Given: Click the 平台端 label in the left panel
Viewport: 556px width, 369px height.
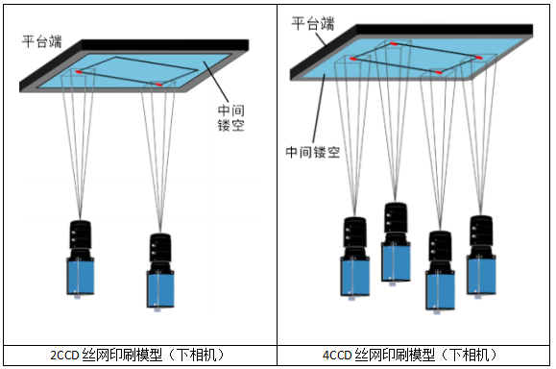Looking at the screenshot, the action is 42,41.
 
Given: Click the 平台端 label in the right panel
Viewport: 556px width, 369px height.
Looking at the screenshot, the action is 313,24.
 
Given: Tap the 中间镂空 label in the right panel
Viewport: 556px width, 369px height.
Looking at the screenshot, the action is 313,152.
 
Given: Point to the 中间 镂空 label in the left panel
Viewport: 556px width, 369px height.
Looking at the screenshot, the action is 230,118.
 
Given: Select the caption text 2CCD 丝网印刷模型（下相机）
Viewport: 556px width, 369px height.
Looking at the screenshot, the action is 138,355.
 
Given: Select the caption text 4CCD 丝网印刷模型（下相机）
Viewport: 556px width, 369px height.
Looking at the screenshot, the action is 410,355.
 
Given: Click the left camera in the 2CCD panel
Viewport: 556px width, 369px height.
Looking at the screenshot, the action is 81,259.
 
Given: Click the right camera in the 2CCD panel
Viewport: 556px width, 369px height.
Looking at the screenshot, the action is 160,272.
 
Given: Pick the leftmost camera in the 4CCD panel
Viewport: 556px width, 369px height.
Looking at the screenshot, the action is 355,258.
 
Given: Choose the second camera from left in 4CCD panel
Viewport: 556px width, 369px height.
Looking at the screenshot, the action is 396,244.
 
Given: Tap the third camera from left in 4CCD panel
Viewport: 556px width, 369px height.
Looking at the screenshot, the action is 440,272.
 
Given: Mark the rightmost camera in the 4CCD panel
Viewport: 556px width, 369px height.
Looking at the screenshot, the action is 481,257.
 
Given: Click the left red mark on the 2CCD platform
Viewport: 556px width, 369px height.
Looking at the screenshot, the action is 79,72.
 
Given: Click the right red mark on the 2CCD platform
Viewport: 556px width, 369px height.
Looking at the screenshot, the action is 158,85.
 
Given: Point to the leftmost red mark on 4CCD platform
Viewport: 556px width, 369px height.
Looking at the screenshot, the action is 352,59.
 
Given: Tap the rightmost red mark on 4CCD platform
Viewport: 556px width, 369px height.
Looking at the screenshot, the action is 479,58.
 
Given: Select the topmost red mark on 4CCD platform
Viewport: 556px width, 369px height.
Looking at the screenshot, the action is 394,43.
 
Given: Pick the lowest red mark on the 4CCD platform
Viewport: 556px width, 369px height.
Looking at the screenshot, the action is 439,72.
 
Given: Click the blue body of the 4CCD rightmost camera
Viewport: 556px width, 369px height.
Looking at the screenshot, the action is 481,275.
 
